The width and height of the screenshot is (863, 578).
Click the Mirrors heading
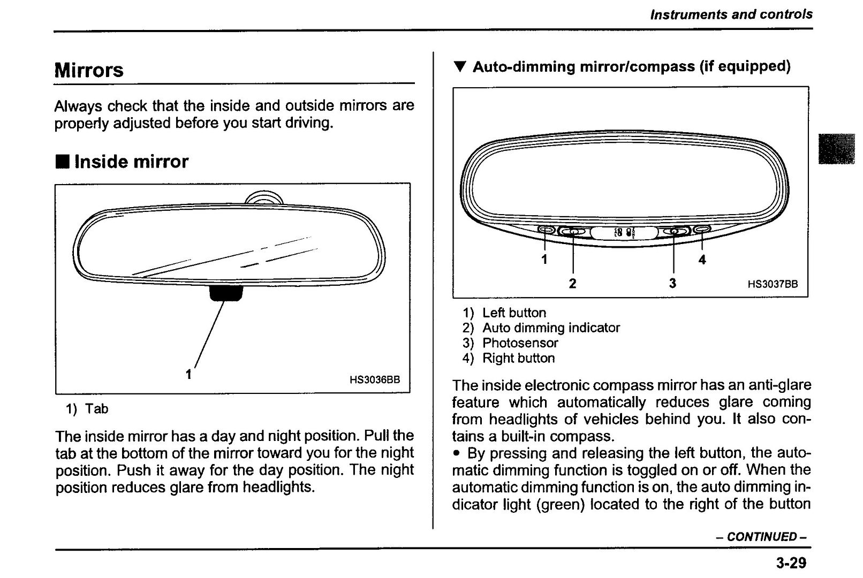(x=89, y=70)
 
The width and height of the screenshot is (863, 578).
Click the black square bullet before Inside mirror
(x=62, y=161)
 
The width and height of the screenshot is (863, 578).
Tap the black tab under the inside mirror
(x=225, y=293)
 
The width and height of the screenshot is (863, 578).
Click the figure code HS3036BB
(x=374, y=380)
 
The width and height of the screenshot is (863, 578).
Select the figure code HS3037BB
(x=773, y=284)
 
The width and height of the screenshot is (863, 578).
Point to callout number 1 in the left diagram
(x=188, y=374)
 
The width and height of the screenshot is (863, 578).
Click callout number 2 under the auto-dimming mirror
(x=572, y=283)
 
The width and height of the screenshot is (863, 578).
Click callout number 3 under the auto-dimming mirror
(x=672, y=283)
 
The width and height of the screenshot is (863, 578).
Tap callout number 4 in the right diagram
(x=702, y=260)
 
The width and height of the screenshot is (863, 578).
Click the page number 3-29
(x=790, y=563)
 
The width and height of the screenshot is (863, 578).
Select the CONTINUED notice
(x=761, y=537)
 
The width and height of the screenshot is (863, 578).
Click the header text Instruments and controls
(x=731, y=14)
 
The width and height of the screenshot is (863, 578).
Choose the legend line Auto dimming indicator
(x=551, y=328)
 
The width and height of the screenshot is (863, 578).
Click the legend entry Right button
(x=518, y=358)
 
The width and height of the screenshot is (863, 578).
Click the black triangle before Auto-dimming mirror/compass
(x=459, y=67)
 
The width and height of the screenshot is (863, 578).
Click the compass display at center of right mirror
(x=624, y=232)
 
